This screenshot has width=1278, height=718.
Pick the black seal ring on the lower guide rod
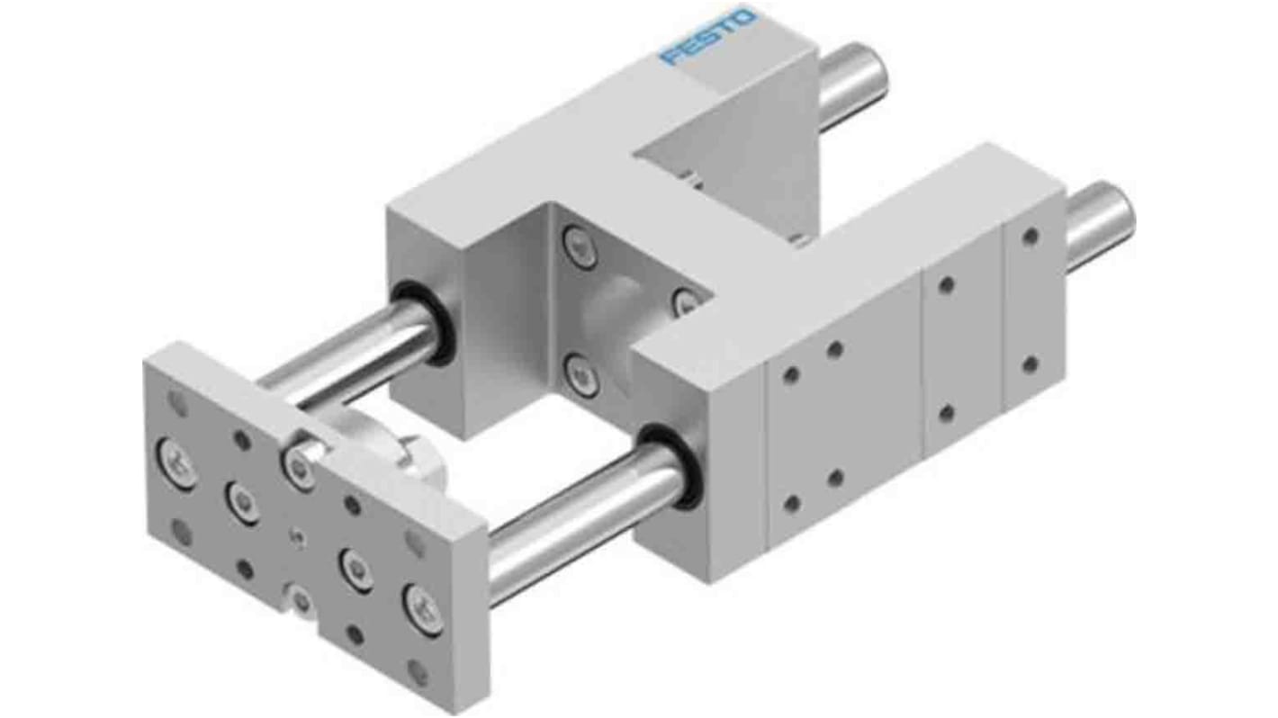673,466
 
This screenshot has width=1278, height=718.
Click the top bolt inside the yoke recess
577,246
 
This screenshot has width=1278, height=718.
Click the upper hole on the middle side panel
946,285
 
